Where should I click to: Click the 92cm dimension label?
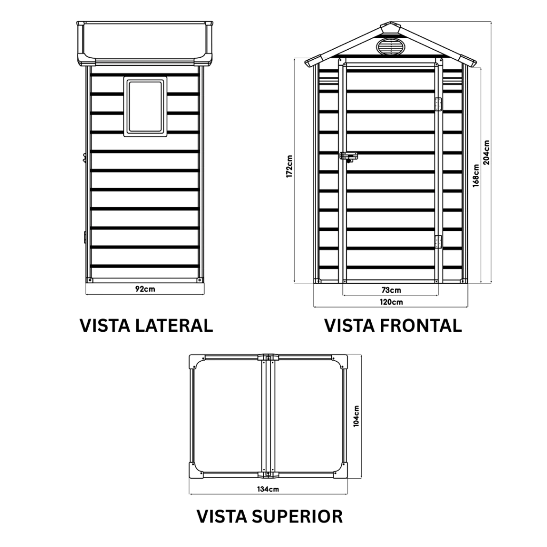click(x=145, y=289)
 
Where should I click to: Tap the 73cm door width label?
click(x=392, y=290)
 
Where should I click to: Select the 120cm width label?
click(x=392, y=302)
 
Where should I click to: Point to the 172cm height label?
click(x=289, y=167)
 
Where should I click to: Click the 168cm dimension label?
click(x=475, y=174)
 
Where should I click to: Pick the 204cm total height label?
click(x=486, y=152)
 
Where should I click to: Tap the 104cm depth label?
click(x=356, y=416)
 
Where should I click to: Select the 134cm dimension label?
click(x=268, y=489)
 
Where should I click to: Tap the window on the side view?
click(x=145, y=106)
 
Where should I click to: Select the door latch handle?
click(x=349, y=157)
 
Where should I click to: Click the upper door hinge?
click(x=439, y=104)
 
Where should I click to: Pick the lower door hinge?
click(x=439, y=242)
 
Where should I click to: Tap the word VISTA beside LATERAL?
click(x=105, y=325)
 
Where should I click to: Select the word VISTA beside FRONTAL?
click(x=350, y=325)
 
